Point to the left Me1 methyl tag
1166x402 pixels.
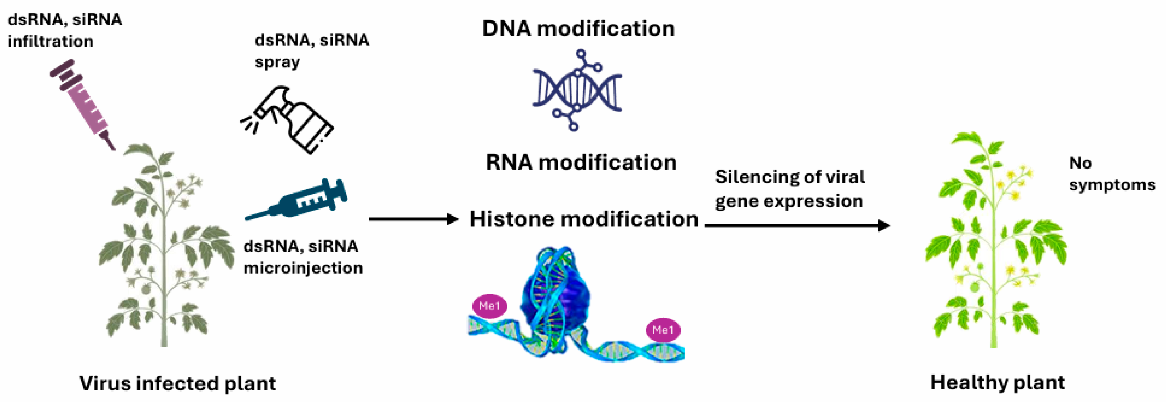(489, 306)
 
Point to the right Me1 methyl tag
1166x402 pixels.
(663, 330)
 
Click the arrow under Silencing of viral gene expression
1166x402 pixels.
(797, 225)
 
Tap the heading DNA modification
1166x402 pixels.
(578, 29)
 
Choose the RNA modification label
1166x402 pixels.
(581, 162)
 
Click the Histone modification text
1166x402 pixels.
(584, 219)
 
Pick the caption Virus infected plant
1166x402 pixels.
(178, 383)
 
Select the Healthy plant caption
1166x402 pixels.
(997, 383)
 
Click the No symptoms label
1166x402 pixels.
(1111, 174)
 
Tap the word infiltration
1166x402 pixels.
(51, 41)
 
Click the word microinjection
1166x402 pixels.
(303, 268)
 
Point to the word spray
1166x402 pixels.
(277, 62)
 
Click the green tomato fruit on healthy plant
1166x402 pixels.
(975, 286)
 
